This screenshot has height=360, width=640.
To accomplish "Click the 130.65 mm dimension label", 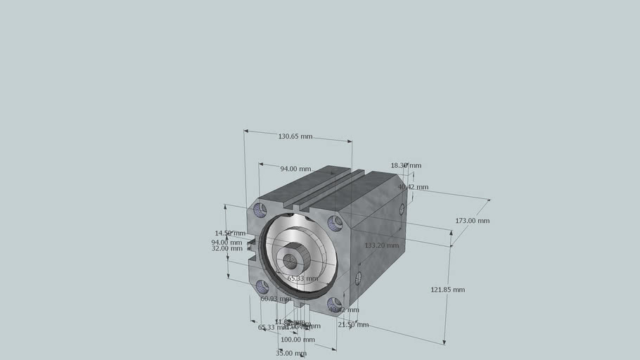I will click(x=295, y=136).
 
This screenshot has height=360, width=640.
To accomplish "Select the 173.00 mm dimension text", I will click(x=472, y=221).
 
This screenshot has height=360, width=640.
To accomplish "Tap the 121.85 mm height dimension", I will click(x=447, y=290).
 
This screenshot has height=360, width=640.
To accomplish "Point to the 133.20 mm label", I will click(x=381, y=245).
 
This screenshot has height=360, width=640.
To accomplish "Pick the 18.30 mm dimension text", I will click(x=406, y=166).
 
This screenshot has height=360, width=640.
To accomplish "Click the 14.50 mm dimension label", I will click(x=230, y=233).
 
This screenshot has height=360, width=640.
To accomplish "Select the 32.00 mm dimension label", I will click(x=227, y=248).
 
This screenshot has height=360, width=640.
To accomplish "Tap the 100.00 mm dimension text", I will click(x=297, y=340).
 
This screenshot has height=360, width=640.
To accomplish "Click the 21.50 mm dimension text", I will click(x=353, y=325).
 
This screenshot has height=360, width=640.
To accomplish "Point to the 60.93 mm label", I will click(x=276, y=299).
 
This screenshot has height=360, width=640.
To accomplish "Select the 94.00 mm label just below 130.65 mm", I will click(x=295, y=169).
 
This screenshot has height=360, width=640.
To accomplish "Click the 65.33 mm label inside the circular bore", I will click(x=302, y=278).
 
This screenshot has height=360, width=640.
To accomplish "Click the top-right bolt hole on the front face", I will click(x=335, y=223).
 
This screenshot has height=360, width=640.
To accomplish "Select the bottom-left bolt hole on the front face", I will click(x=262, y=286).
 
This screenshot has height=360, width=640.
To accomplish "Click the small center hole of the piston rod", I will click(x=291, y=262).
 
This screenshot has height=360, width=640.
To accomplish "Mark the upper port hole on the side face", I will click(x=402, y=209).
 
